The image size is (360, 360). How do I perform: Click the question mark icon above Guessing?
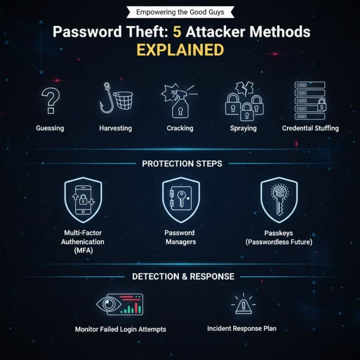51,101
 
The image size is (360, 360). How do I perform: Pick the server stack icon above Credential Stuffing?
310,99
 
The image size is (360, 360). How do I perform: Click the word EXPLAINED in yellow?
180,50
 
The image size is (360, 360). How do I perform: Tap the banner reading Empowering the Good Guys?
179,12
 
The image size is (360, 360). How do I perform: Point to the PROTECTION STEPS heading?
182,164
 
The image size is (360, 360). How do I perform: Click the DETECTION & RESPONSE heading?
183,276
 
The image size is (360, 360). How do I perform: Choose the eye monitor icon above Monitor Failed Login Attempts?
120,304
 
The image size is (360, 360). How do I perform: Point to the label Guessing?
50,128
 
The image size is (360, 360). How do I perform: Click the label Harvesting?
115,128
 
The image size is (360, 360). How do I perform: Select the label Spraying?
244,128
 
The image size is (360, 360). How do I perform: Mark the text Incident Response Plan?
242,328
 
